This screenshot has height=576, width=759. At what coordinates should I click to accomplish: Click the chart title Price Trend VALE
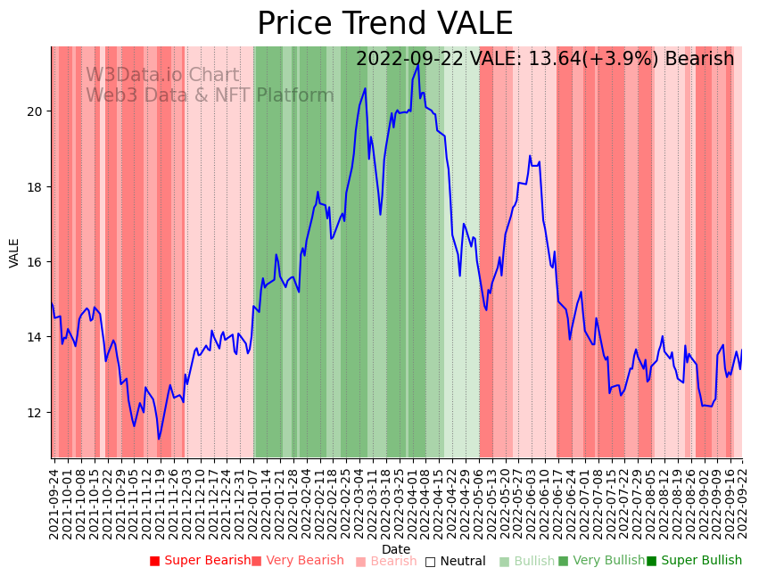[x=384, y=24]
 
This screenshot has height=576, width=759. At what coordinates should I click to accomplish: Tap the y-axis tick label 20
[x=36, y=111]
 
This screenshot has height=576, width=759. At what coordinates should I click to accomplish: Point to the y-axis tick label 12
[x=36, y=413]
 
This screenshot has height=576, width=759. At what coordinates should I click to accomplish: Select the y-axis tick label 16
[x=36, y=262]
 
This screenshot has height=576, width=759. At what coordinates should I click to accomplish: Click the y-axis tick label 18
[x=36, y=187]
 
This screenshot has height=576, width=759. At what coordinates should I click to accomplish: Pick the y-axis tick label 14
[x=36, y=337]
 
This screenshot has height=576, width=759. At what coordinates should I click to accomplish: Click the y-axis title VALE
[x=14, y=252]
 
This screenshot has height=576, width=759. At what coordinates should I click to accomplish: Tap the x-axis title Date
[x=396, y=550]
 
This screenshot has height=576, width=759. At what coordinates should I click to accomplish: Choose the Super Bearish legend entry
[x=201, y=561]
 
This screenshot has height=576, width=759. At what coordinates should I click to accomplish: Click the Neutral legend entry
[x=456, y=562]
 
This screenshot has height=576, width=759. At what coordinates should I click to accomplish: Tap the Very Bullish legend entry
[x=601, y=561]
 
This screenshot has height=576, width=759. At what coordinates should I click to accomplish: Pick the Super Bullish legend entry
[x=695, y=561]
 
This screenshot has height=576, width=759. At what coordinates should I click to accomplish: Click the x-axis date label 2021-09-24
[x=54, y=504]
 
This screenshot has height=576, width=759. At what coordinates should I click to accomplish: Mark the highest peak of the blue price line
[x=417, y=64]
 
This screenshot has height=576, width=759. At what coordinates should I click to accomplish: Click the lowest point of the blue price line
[x=159, y=439]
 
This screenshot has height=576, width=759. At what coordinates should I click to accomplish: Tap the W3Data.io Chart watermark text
[x=162, y=76]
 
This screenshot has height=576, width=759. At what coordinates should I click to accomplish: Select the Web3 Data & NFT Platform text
[x=210, y=95]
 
